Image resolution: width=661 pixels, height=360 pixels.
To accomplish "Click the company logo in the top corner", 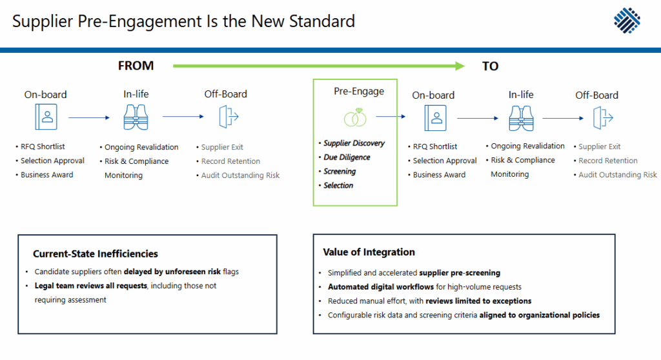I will click(627, 21).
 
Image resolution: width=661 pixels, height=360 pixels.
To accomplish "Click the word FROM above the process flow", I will click(136, 66).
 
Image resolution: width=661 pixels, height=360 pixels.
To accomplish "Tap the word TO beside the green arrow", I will click(490, 66).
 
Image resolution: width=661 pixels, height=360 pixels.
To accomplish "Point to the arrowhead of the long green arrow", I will click(459, 66).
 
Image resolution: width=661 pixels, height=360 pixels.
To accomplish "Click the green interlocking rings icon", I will click(354, 117).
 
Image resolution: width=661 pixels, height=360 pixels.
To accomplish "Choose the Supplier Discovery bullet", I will click(354, 143).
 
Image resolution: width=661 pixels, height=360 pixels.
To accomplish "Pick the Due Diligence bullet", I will click(347, 157).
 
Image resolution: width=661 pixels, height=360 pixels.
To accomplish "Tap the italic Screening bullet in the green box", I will click(340, 172).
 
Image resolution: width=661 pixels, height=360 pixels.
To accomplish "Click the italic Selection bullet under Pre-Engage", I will click(338, 186).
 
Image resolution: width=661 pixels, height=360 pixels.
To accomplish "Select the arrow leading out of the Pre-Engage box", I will click(391, 117).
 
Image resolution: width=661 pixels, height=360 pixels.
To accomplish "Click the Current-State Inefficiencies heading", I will click(96, 254).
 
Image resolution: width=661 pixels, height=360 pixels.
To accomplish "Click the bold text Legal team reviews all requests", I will click(90, 286).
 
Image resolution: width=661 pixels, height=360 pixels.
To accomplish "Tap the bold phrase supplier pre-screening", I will click(460, 273).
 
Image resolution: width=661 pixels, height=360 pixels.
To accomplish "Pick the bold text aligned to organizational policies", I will click(539, 315).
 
